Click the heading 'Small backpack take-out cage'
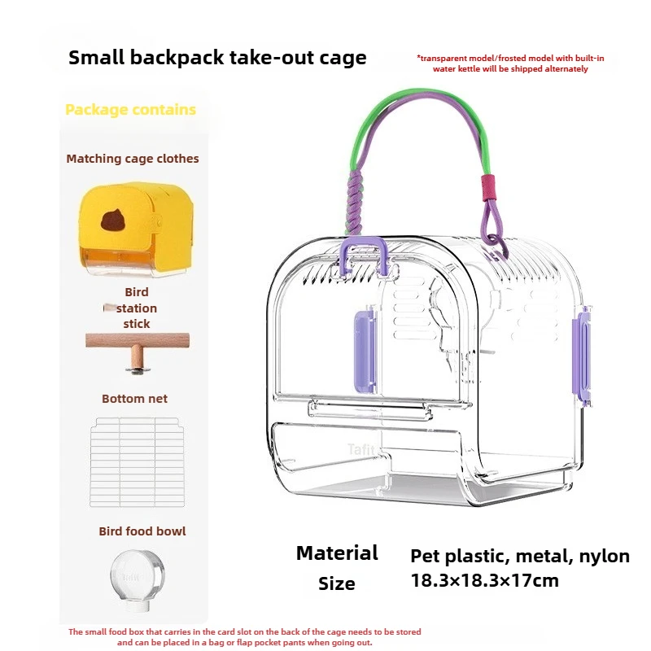217,58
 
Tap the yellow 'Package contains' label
130,110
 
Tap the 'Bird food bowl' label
142,531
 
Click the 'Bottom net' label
135,399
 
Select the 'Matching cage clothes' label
133,159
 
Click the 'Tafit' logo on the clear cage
361,449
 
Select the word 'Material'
337,553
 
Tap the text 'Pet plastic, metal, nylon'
520,557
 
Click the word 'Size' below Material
337,583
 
